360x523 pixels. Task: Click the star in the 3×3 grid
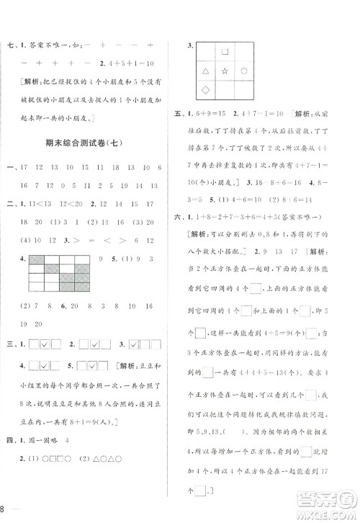coord(225,71)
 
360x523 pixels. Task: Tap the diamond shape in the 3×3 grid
coord(205,90)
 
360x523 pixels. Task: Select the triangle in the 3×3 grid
coord(205,71)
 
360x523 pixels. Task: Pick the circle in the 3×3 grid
coord(244,71)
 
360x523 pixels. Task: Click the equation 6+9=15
coord(215,115)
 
